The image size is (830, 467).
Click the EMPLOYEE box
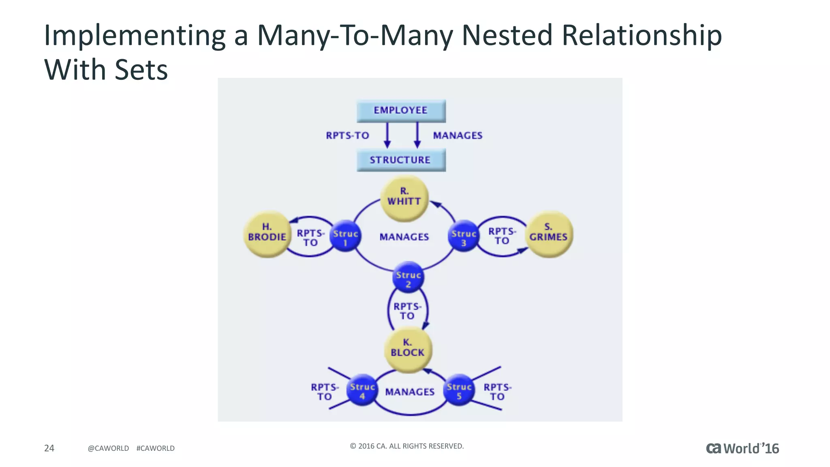click(401, 110)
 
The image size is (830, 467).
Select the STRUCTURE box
click(401, 160)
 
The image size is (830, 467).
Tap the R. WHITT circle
click(404, 198)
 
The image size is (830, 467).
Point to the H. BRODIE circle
click(267, 234)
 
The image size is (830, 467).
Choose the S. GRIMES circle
click(549, 234)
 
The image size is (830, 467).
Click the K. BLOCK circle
click(408, 349)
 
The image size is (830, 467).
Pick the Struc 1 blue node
click(345, 236)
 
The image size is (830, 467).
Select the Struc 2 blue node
click(408, 278)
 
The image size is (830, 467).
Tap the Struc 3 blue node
click(464, 236)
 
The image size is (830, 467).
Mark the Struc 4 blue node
click(362, 390)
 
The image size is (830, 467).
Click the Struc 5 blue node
click(459, 390)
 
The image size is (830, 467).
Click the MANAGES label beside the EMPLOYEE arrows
click(458, 135)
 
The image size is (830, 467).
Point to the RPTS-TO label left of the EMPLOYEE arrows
click(347, 135)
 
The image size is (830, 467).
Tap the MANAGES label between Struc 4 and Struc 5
click(410, 392)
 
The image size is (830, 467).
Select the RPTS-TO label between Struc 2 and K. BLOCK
click(407, 311)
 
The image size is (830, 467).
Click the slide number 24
click(49, 448)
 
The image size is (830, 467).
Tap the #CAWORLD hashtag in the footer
click(155, 448)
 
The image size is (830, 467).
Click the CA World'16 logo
click(742, 448)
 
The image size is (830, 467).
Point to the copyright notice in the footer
click(406, 446)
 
